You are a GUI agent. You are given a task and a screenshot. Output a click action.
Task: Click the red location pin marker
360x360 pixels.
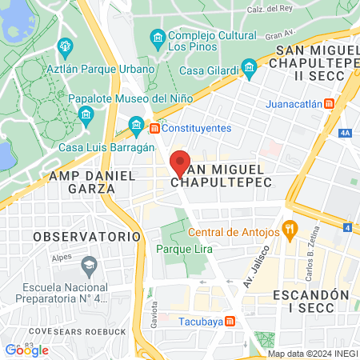click(181, 162)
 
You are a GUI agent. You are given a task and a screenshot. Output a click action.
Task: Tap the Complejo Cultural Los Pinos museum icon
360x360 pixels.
click(158, 38)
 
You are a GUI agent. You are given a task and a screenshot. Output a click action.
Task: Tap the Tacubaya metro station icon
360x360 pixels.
click(230, 321)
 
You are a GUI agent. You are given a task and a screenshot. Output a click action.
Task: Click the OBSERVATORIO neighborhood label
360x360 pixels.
click(87, 237)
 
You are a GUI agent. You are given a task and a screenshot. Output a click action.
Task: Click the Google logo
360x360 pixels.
click(26, 350)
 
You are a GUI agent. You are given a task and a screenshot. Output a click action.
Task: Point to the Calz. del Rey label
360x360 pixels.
click(292, 10)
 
